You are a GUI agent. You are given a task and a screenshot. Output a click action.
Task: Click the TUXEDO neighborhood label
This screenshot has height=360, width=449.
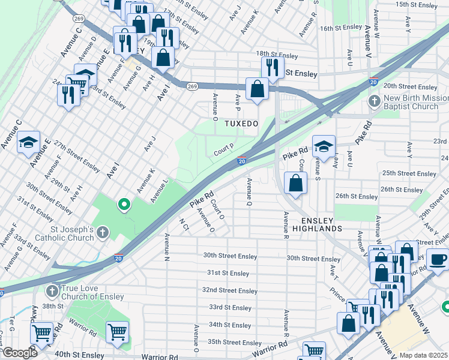coord(241,124)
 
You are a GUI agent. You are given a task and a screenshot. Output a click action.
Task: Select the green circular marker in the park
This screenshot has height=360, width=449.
coord(124,205)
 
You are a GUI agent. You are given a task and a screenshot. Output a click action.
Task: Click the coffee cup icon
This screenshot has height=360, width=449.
coord(438,259)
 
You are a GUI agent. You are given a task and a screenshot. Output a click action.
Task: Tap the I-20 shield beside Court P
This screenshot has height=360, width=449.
coord(241,161)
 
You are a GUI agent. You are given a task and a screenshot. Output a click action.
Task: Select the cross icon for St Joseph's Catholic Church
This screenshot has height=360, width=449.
coord(103,231)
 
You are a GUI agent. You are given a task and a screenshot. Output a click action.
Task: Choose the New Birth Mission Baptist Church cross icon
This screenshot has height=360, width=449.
coord(375,100)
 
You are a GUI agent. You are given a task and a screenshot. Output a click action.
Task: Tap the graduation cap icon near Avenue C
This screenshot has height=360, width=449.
coord(28,142)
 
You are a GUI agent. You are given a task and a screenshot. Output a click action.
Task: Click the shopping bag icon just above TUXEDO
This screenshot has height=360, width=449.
coord(257,89)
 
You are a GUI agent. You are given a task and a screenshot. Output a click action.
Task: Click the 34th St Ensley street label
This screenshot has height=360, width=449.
coord(230,325)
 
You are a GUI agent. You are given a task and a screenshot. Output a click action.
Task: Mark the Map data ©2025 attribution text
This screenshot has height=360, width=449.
coord(423,355)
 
